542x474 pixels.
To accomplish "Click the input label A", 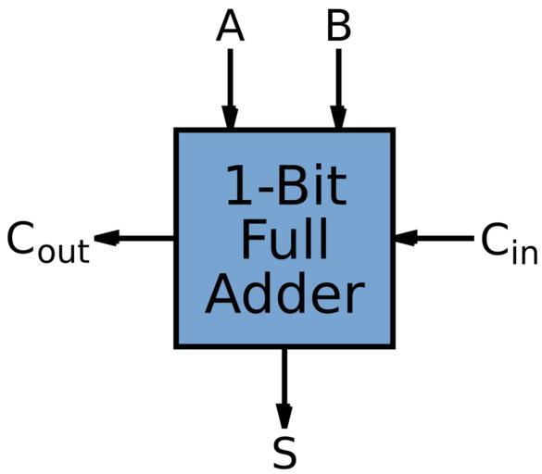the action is (230, 25).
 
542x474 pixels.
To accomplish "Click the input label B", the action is (339, 25).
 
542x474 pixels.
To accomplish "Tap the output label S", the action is (284, 453).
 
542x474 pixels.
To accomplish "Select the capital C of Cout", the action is (20, 238).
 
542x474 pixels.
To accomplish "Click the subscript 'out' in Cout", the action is (64, 251).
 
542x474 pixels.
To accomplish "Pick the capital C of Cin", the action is (495, 239).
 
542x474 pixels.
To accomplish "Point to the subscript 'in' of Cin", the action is (524, 252).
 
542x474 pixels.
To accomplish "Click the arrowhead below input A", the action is (230, 118).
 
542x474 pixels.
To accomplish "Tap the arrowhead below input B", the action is (338, 118).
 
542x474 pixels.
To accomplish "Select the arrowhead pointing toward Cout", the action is (107, 238).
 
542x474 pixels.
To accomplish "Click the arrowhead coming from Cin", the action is (406, 238).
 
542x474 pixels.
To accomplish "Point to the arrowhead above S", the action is (284, 417).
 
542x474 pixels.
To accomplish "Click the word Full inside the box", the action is (284, 239).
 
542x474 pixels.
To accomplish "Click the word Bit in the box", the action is (312, 185).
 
